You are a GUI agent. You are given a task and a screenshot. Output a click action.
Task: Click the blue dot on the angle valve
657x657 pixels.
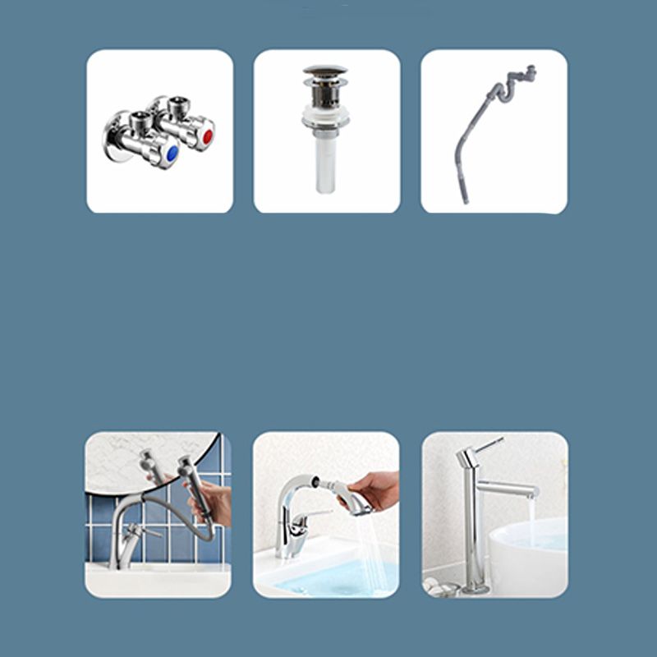[171, 154]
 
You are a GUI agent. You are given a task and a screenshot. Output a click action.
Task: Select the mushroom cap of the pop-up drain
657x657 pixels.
[325, 72]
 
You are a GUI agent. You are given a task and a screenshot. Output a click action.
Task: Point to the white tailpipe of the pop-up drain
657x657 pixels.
[326, 164]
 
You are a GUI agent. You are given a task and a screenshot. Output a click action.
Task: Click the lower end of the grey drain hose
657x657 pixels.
[465, 197]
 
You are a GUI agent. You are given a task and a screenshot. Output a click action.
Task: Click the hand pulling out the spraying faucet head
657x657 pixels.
[375, 489]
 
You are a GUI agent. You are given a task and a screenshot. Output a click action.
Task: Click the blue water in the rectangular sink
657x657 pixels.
[328, 579]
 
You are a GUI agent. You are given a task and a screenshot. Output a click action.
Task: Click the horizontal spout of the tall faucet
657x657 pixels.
[509, 489]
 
